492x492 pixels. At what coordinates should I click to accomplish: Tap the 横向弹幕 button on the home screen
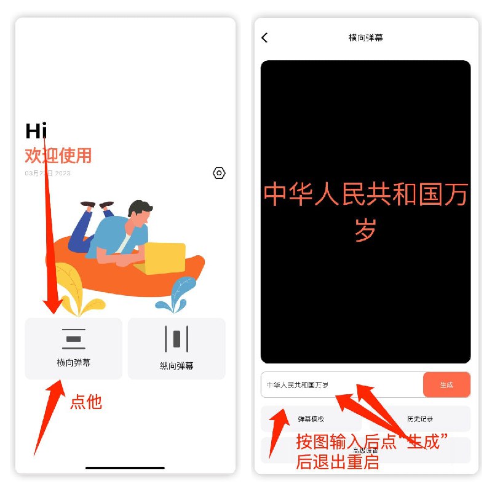(74, 349)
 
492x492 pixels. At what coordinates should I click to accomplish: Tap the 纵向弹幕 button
(177, 349)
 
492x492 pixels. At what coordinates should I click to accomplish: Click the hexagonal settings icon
(219, 173)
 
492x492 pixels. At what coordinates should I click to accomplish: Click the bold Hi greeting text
(36, 131)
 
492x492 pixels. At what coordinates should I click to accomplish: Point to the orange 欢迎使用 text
(58, 155)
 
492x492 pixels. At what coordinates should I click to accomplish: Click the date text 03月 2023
(48, 173)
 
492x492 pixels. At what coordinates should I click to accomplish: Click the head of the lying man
(141, 212)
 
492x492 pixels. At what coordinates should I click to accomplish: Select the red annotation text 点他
(86, 402)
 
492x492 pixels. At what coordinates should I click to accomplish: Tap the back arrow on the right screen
(264, 38)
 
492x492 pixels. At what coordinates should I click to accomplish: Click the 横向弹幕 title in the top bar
(366, 38)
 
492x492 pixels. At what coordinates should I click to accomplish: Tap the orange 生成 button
(446, 385)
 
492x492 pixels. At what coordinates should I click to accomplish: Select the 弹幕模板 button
(311, 419)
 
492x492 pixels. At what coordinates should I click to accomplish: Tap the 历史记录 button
(419, 419)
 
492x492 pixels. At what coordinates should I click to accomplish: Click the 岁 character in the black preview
(365, 230)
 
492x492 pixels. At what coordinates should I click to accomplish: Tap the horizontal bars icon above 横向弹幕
(74, 339)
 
